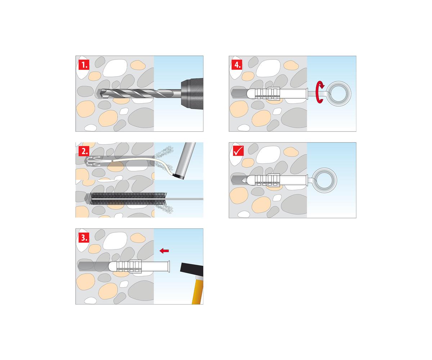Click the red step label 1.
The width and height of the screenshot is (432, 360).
84,65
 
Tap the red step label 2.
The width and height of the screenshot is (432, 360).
84,151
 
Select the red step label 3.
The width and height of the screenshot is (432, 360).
84,237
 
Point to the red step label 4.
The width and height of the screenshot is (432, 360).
237,65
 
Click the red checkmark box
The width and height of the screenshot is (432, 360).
238,150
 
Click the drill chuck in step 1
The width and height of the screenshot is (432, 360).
192,94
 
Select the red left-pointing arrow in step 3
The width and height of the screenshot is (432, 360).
164,251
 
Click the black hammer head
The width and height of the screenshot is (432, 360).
192,270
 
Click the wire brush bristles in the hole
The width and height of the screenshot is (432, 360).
128,199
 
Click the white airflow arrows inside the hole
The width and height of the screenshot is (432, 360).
94,161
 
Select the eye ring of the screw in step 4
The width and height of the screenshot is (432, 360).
338,94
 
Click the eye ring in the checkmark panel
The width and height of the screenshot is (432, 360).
324,180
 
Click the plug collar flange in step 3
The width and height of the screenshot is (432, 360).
168,266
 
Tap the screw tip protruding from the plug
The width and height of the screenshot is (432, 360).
244,180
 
